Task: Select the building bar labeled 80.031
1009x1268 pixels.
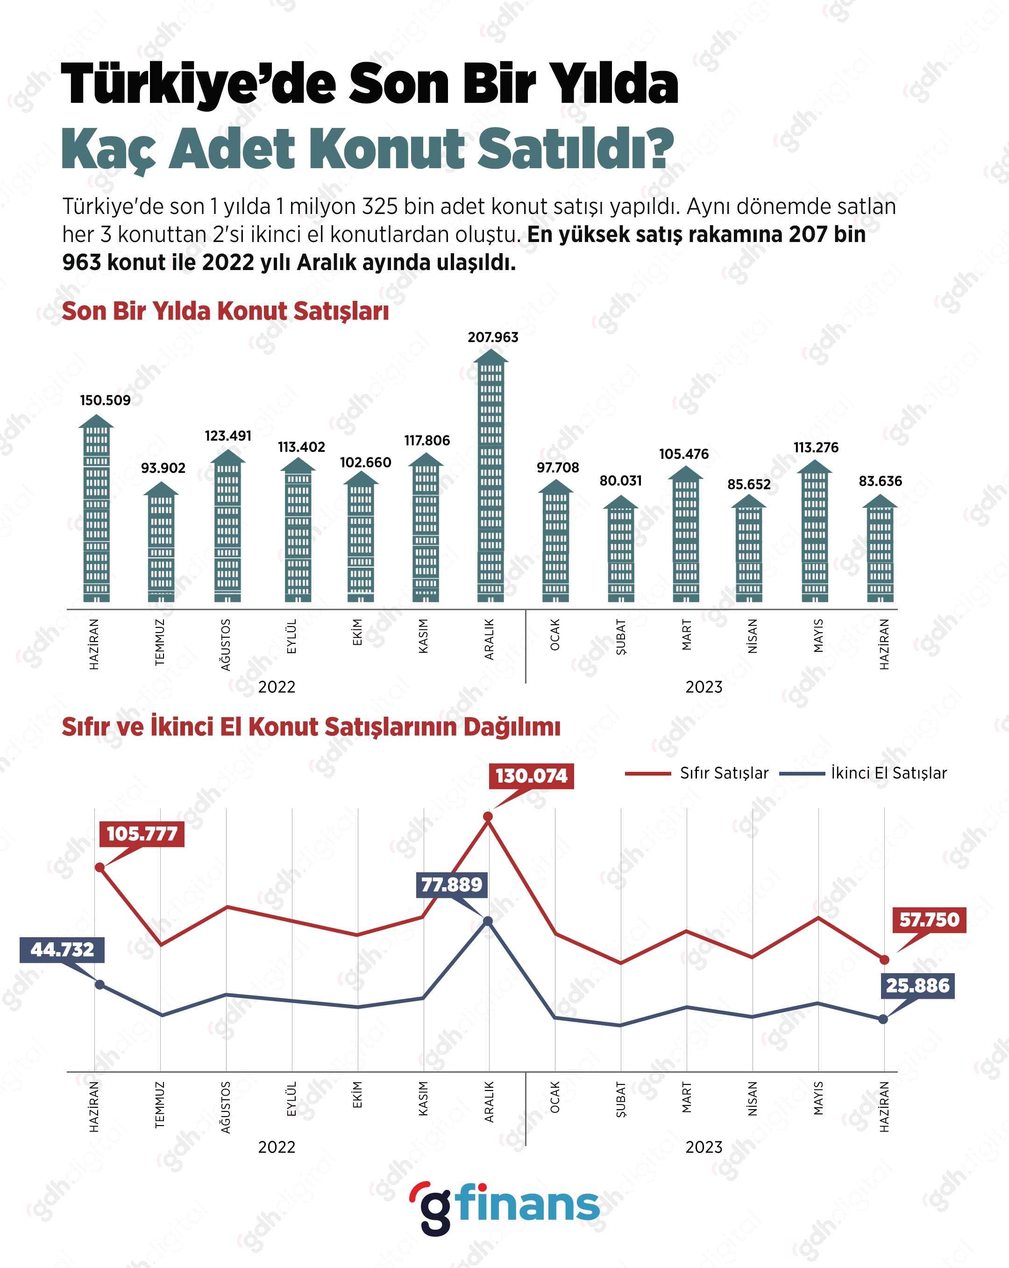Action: pos(620,550)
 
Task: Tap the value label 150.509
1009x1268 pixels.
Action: pos(105,400)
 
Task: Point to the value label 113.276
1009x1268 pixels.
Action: pos(816,448)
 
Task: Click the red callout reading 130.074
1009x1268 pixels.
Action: pos(531,776)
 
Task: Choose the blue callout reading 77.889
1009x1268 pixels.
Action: pos(452,884)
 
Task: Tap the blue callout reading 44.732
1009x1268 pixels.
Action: pos(62,950)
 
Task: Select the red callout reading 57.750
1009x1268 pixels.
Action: pos(929,920)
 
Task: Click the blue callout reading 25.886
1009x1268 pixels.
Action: pos(917,986)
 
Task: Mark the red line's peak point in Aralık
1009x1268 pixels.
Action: pos(487,817)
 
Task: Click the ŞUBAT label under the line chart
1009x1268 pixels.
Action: pos(620,1099)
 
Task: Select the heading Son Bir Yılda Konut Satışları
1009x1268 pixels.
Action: pos(225,311)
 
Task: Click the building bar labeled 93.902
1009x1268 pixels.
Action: pos(161,544)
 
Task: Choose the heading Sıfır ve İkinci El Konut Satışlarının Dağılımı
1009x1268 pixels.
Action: pos(311,727)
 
